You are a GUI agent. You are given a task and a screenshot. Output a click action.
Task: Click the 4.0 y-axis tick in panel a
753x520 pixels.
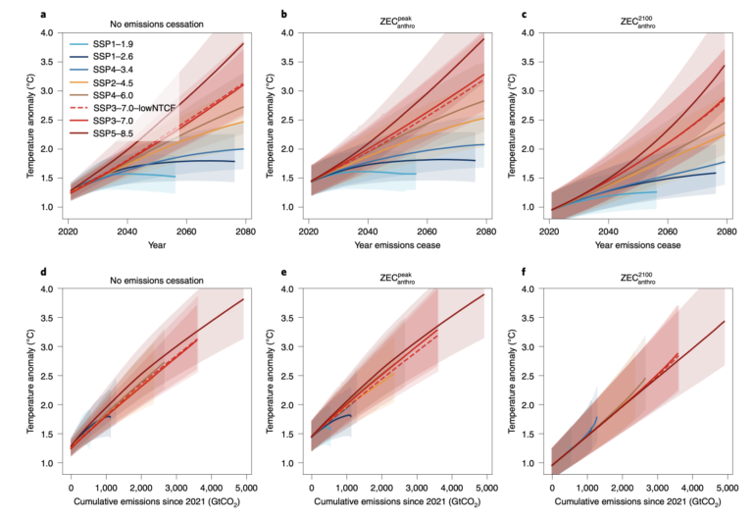[45, 32]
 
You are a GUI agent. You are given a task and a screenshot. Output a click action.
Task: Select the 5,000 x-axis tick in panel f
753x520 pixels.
[727, 487]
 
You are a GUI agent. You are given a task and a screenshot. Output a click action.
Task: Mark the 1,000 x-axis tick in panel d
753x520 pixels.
[105, 487]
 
